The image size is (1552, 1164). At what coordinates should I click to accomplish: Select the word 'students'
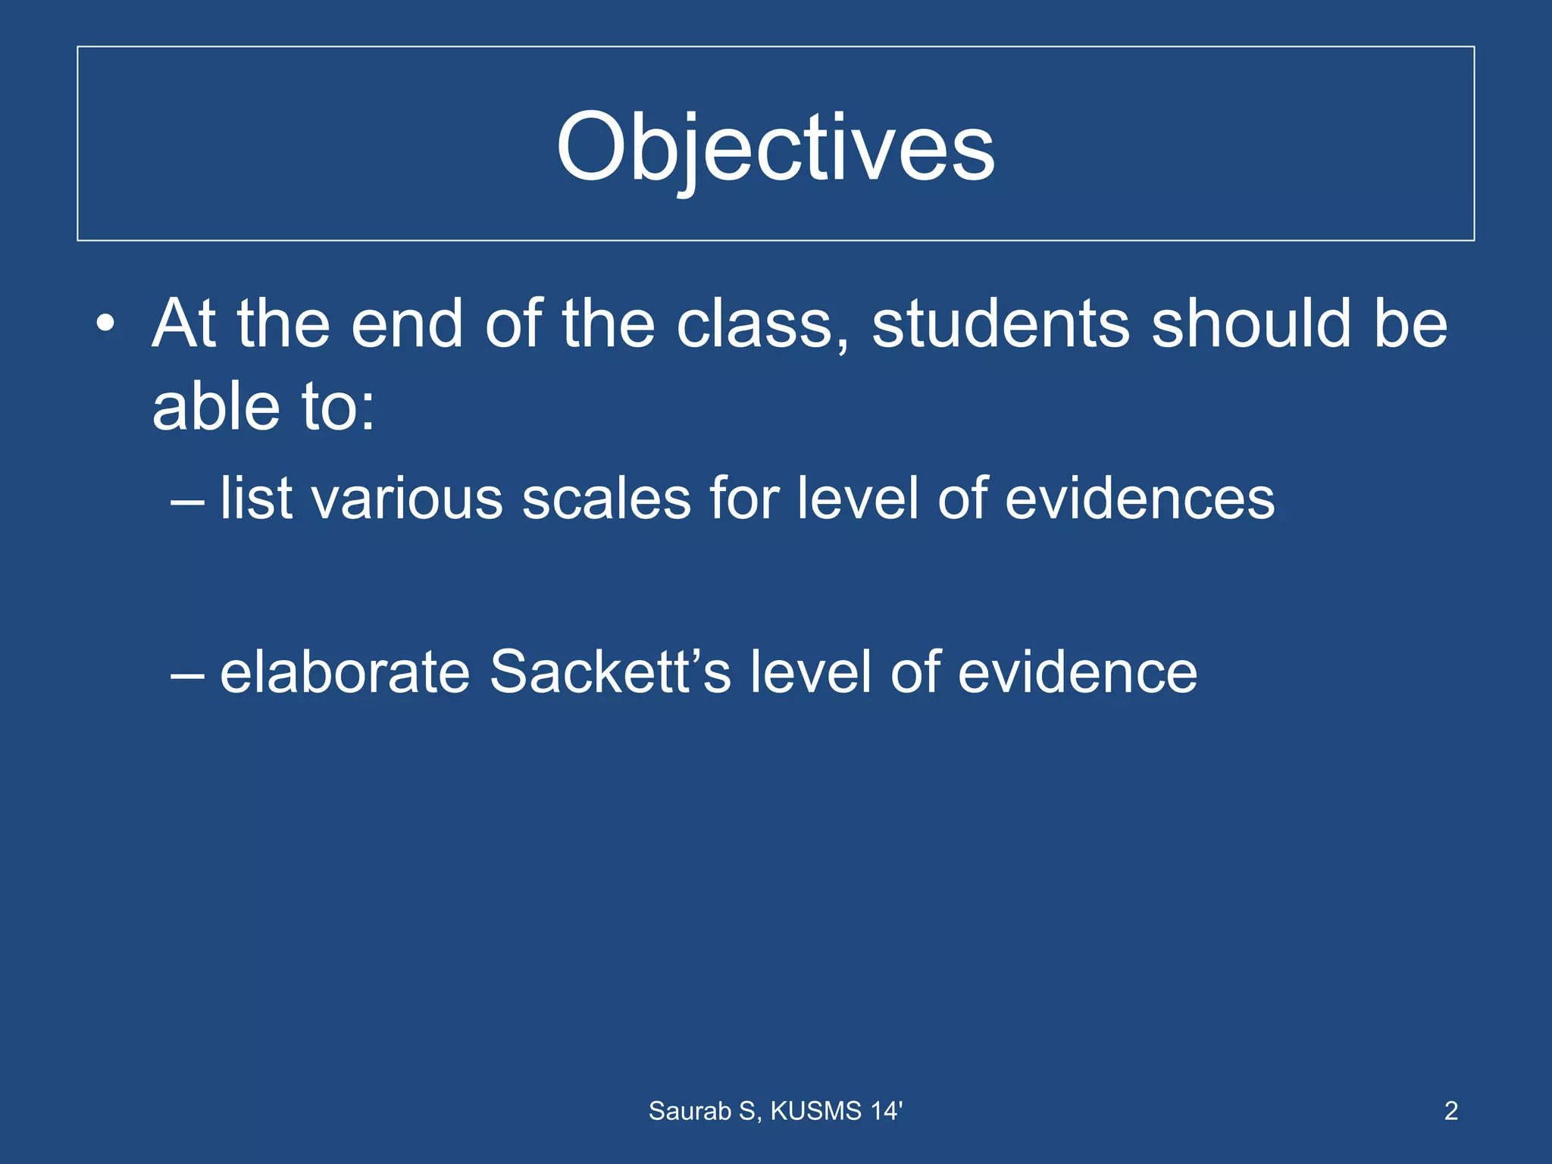(1000, 324)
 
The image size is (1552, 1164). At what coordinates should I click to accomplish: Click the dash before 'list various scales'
(187, 501)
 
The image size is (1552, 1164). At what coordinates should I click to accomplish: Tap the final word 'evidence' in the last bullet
(1077, 673)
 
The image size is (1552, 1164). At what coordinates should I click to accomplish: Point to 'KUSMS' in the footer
(816, 1111)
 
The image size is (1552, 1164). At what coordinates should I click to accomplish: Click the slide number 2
(1450, 1111)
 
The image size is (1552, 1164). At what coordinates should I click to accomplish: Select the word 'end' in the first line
(407, 324)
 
